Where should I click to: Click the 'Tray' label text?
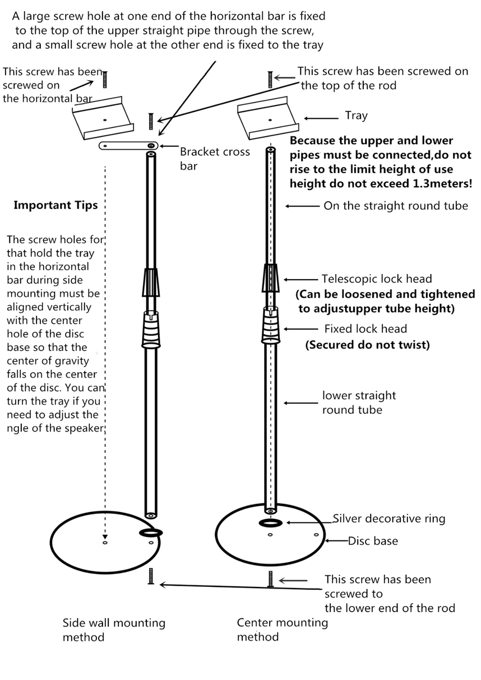pyautogui.click(x=356, y=116)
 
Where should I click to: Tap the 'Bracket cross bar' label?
pyautogui.click(x=215, y=159)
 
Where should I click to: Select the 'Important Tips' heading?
pyautogui.click(x=55, y=206)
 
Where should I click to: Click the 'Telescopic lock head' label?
pyautogui.click(x=377, y=279)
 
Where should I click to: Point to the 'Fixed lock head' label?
pyautogui.click(x=366, y=329)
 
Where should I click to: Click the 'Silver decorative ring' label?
pyautogui.click(x=389, y=519)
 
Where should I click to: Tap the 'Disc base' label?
pyautogui.click(x=373, y=541)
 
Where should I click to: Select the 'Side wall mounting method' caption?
pyautogui.click(x=114, y=630)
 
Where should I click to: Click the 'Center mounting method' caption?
pyautogui.click(x=283, y=630)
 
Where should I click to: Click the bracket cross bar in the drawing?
pyautogui.click(x=128, y=146)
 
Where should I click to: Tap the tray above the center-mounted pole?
pyautogui.click(x=268, y=118)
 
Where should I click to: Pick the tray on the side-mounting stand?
pyautogui.click(x=103, y=118)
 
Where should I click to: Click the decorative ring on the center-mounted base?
pyautogui.click(x=271, y=522)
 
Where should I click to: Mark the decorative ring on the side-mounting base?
pyautogui.click(x=151, y=533)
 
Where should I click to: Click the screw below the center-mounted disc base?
pyautogui.click(x=270, y=579)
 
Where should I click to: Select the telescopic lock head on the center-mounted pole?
pyautogui.click(x=270, y=278)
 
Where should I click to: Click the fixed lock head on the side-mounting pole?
pyautogui.click(x=151, y=330)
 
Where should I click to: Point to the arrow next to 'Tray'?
pyautogui.click(x=321, y=118)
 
